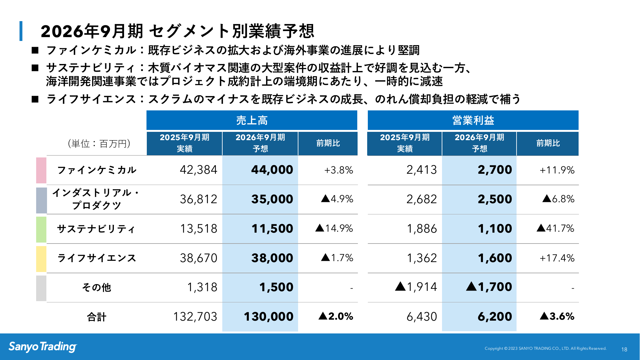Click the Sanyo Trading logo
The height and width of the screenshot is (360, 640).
tap(43, 347)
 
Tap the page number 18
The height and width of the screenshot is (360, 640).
tap(624, 349)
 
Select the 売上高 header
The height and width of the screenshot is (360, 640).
tap(252, 120)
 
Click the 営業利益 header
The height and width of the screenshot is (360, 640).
tap(473, 120)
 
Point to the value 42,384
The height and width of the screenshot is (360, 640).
tap(198, 170)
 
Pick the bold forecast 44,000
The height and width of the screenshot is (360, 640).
tap(272, 170)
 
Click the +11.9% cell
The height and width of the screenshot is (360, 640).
tap(557, 170)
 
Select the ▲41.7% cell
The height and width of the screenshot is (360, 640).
tap(555, 228)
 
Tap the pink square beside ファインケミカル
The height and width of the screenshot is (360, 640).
tap(41, 170)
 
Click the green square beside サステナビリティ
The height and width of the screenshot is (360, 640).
tap(41, 229)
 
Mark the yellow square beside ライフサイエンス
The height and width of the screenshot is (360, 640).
tap(41, 259)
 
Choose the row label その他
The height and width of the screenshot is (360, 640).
tap(97, 287)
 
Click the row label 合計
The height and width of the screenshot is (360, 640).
tap(97, 317)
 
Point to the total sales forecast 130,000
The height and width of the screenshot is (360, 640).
tap(268, 317)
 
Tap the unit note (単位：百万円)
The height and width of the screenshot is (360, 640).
tap(99, 144)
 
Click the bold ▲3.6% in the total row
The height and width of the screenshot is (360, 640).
tap(557, 316)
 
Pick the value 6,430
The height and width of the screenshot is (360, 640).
tap(422, 317)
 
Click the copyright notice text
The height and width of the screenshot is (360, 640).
tap(545, 348)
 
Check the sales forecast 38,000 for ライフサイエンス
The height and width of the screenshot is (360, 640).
tap(272, 258)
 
